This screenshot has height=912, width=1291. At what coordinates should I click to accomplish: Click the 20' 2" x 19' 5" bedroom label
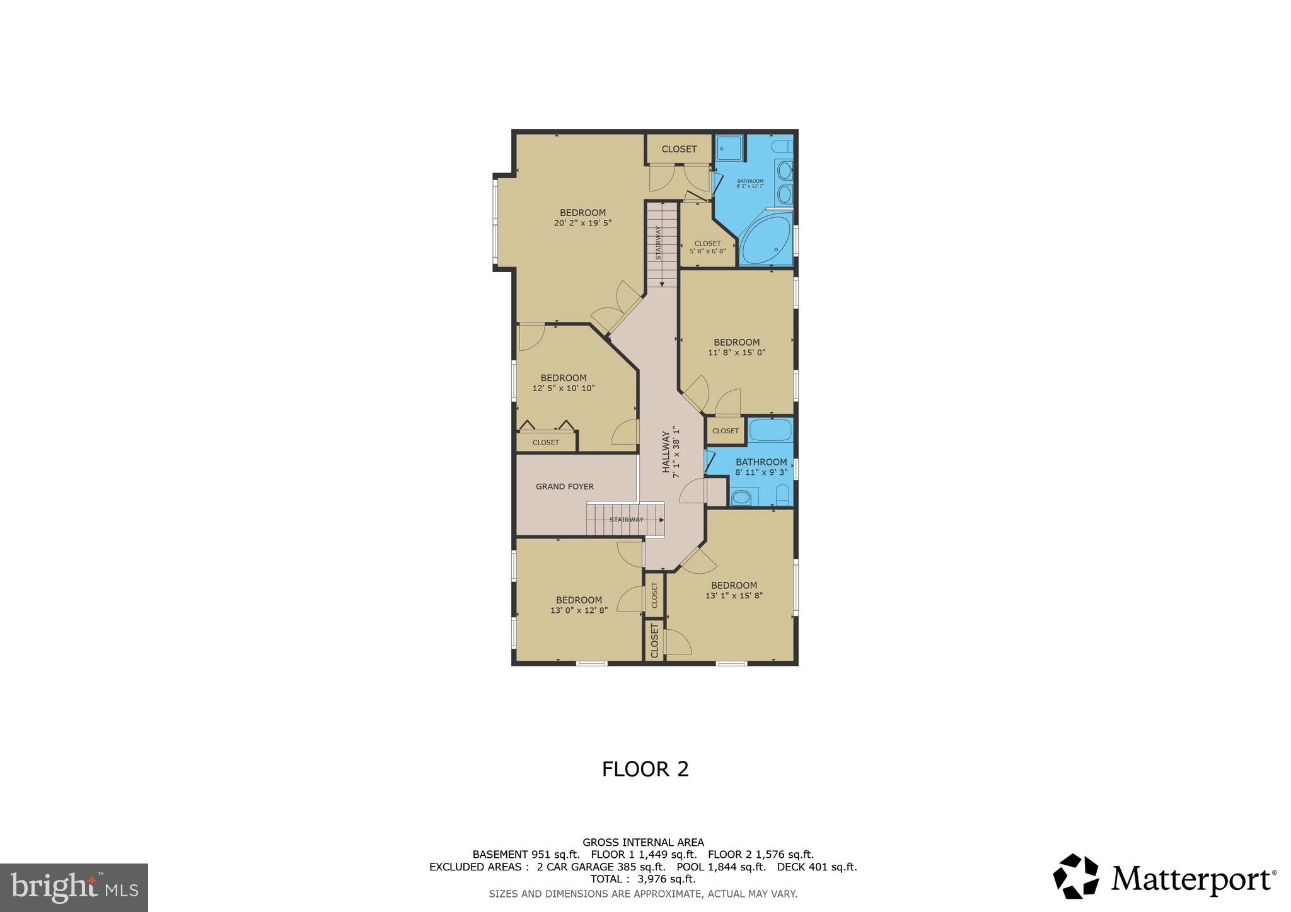point(582,218)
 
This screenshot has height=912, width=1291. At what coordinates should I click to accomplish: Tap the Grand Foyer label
point(564,486)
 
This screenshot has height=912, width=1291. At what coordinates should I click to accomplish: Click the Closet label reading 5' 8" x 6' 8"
point(707,247)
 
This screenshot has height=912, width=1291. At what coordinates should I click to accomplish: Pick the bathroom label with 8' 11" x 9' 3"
point(761,467)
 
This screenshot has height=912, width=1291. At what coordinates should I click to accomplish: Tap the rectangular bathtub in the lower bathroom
point(770,430)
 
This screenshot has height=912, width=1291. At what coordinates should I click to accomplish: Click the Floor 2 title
point(645,769)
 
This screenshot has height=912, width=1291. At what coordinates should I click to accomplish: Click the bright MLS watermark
point(74,888)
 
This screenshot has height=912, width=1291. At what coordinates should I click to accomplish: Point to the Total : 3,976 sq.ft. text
point(642,879)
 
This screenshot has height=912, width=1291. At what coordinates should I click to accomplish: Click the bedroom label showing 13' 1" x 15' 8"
point(734,590)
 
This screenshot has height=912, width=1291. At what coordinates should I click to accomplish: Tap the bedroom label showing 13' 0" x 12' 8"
point(579,605)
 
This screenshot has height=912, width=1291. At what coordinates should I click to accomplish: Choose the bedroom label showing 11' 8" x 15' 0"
point(736,347)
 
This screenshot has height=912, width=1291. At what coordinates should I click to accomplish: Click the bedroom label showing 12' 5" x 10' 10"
point(563,383)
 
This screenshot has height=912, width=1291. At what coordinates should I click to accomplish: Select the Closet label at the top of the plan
point(679,149)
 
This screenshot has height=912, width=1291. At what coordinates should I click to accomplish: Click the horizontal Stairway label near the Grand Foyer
point(626,520)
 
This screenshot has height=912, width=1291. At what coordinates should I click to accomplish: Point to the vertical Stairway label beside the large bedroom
point(658,242)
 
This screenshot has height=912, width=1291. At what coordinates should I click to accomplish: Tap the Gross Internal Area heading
point(642,842)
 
